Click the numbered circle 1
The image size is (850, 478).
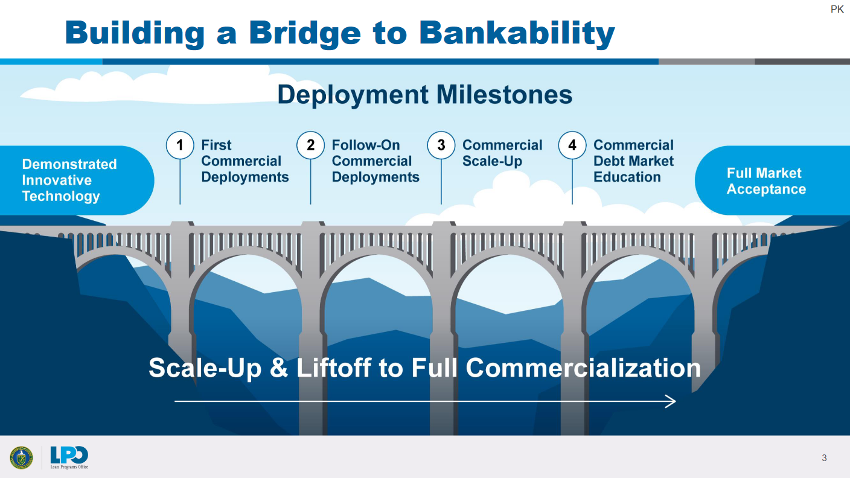pyautogui.click(x=179, y=145)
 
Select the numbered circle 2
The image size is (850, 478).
pyautogui.click(x=310, y=145)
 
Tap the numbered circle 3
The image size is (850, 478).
pyautogui.click(x=441, y=145)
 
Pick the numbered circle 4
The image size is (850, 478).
pyautogui.click(x=572, y=145)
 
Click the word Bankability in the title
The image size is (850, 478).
pyautogui.click(x=517, y=33)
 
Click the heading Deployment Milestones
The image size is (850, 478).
pyautogui.click(x=424, y=95)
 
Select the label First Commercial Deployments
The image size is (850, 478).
pyautogui.click(x=244, y=161)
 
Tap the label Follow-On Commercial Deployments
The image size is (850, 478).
pyautogui.click(x=375, y=161)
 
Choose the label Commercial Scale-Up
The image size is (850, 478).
pyautogui.click(x=502, y=153)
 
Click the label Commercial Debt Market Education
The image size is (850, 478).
pyautogui.click(x=633, y=161)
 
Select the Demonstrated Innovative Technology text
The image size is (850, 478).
pyautogui.click(x=69, y=180)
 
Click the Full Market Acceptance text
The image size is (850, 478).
pyautogui.click(x=765, y=181)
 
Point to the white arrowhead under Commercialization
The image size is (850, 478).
pyautogui.click(x=671, y=401)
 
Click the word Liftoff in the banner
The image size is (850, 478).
pyautogui.click(x=334, y=368)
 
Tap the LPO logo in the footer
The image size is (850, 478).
pyautogui.click(x=69, y=456)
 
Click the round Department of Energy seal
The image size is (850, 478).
pyautogui.click(x=21, y=457)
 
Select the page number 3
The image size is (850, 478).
pyautogui.click(x=824, y=458)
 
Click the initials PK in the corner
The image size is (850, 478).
pyautogui.click(x=837, y=10)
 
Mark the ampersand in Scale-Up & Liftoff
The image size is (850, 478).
pyautogui.click(x=279, y=368)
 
